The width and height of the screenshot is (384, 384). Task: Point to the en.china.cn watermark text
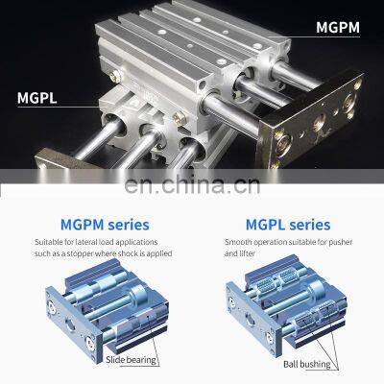[192, 185]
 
